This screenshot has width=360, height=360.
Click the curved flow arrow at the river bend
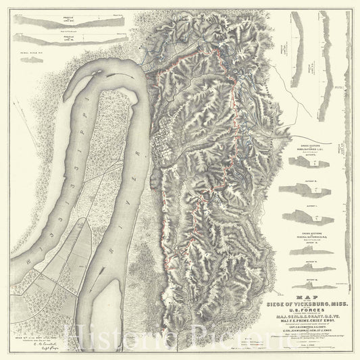tap(119, 70)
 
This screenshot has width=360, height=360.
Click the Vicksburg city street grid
tap(163, 145)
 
